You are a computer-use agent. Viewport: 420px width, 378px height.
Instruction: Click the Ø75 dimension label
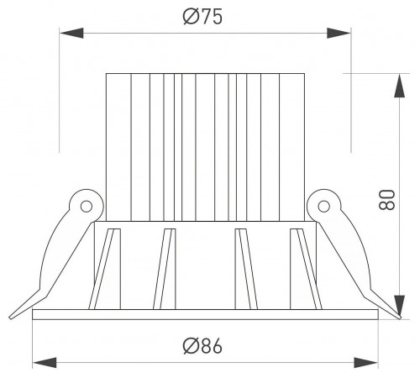(x=202, y=17)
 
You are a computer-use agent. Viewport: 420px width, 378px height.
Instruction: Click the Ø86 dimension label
(x=202, y=346)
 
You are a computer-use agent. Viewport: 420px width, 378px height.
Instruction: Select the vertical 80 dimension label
(x=386, y=200)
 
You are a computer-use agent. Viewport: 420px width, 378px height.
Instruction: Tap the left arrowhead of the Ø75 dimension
(x=71, y=33)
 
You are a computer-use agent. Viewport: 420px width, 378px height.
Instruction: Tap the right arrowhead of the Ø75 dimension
(x=339, y=33)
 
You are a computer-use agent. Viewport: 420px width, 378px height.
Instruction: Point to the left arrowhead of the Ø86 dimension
(x=45, y=363)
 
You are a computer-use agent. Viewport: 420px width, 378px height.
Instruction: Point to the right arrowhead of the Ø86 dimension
(x=366, y=363)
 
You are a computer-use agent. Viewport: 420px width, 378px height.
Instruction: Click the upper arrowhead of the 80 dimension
(x=400, y=86)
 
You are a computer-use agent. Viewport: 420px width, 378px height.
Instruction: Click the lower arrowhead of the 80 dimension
(x=400, y=307)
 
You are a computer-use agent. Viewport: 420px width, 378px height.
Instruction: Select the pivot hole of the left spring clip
(x=87, y=207)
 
